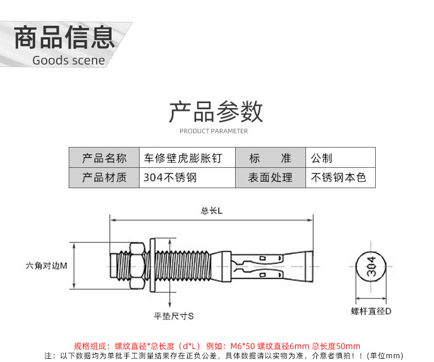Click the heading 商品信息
tap(64, 37)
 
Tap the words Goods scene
tap(69, 60)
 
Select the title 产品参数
tap(216, 112)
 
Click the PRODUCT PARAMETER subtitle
tap(214, 131)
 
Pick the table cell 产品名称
tap(104, 158)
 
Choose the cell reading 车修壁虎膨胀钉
tap(187, 158)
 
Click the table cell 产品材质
tap(104, 178)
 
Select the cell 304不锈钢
tap(187, 178)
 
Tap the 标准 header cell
tap(270, 158)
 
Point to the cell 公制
tap(341, 158)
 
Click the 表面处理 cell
tap(270, 178)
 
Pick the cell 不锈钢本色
tap(341, 178)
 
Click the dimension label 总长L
tap(212, 211)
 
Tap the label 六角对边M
tap(47, 266)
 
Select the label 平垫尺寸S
tap(174, 316)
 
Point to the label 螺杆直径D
tap(371, 312)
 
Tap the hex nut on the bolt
tap(137, 266)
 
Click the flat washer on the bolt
tap(152, 265)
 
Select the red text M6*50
tap(242, 346)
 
